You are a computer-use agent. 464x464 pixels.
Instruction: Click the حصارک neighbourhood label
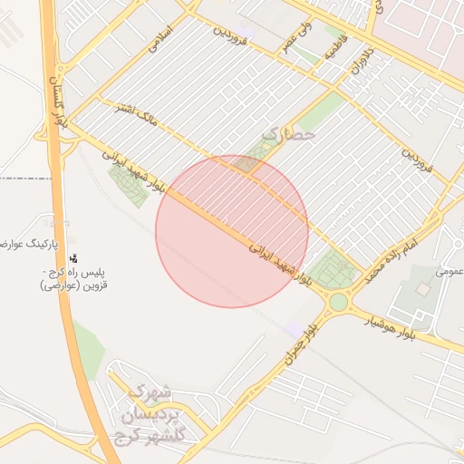[287, 134]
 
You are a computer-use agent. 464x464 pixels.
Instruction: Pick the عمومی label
[449, 269]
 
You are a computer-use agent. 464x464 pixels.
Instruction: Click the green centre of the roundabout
[339, 302]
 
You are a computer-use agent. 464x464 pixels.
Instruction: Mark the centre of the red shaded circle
[232, 231]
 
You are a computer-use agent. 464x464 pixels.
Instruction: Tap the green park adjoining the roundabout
[335, 269]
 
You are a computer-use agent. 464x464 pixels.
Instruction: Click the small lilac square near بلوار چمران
[293, 328]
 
